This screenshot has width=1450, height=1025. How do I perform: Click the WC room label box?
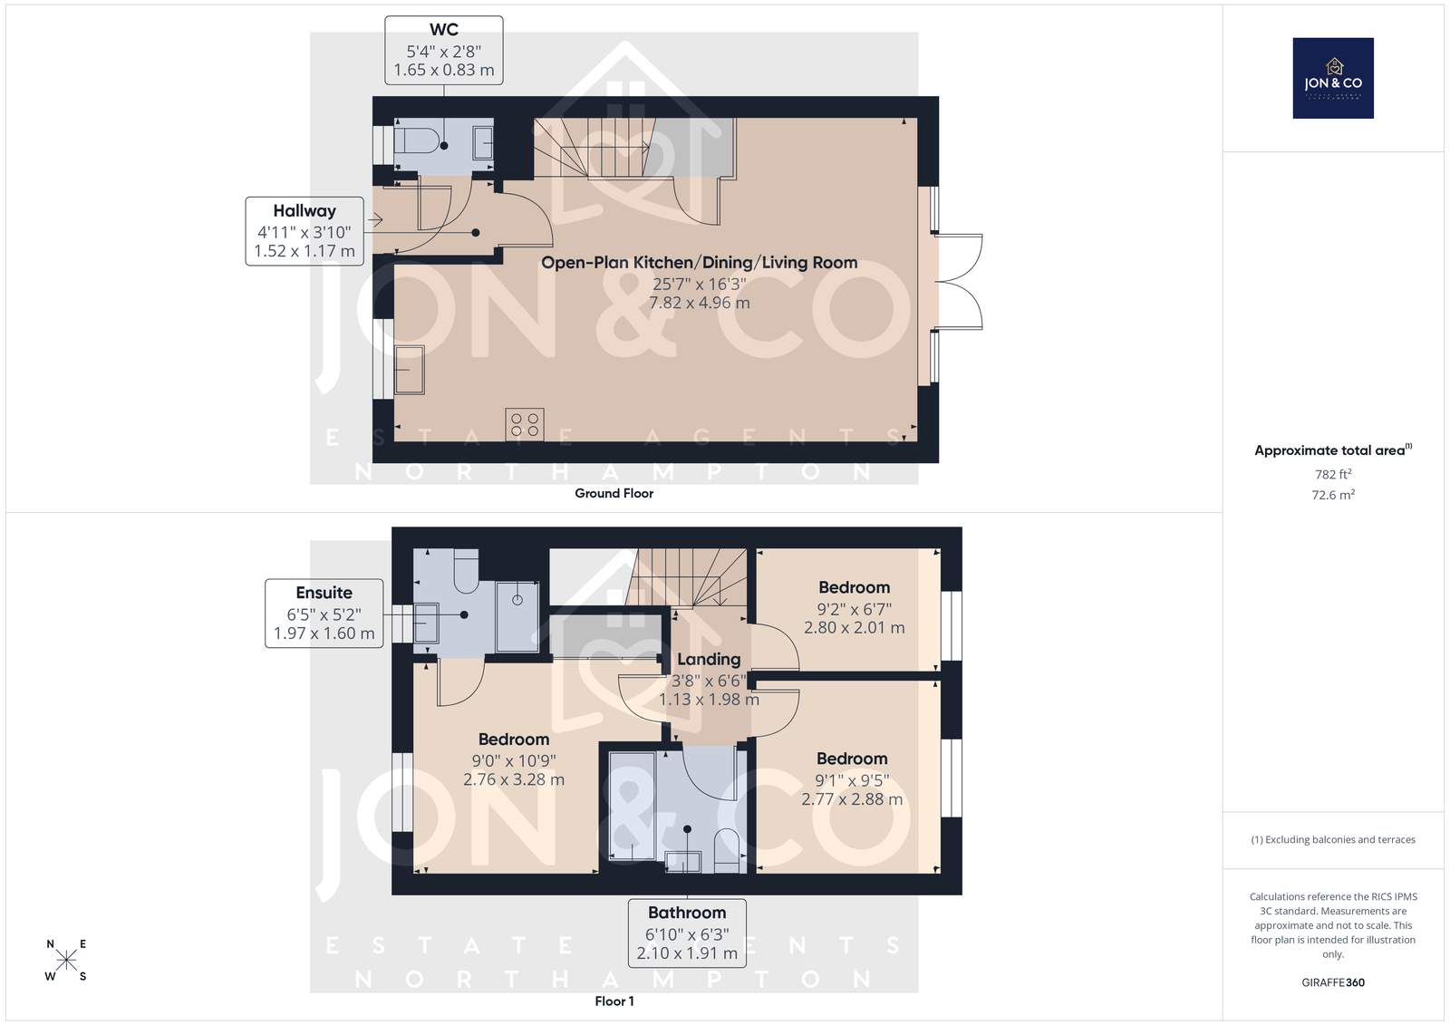pos(443,51)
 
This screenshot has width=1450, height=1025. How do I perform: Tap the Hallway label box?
pos(304,231)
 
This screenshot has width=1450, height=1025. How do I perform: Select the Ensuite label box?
pos(324,614)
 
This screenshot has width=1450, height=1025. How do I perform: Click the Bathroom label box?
pos(687,933)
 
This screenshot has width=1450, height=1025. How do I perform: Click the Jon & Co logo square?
pos(1333,78)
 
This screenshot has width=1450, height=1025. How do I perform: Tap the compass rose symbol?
pos(66,960)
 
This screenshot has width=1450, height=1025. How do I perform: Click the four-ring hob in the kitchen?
pos(525,425)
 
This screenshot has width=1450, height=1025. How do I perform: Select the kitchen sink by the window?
pos(409,370)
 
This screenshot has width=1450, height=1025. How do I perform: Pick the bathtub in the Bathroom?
pos(632,806)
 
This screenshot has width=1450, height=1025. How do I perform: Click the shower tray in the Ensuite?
pos(517,616)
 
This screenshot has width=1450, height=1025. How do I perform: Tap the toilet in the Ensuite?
pos(466,571)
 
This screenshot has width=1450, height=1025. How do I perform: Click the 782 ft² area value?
pos(1333,474)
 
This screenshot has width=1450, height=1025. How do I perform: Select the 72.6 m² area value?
pos(1333,495)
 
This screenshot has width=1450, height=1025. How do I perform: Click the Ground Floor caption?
pos(614,493)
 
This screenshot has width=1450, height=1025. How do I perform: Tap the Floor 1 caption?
pos(614,1001)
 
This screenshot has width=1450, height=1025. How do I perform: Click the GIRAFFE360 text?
pos(1333,982)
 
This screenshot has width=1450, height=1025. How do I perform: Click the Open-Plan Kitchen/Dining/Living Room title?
pos(699,262)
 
